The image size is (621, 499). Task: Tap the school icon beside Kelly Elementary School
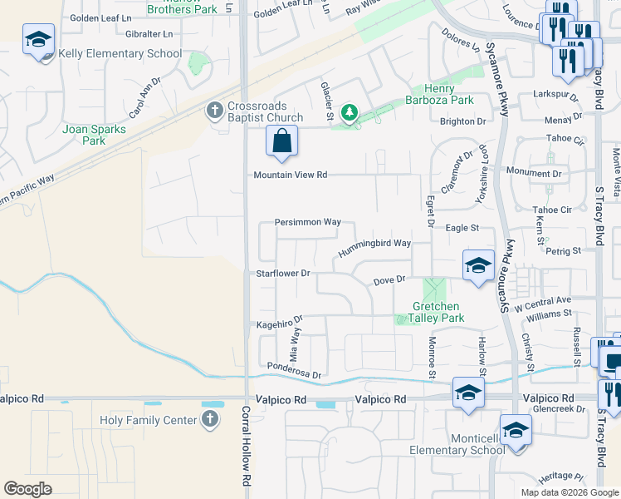click(x=38, y=41)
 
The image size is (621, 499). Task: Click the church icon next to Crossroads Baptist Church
click(x=214, y=109)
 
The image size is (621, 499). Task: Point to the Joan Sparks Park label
click(x=95, y=135)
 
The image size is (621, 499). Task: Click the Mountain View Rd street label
click(x=291, y=175)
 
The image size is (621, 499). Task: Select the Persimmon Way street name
click(x=308, y=222)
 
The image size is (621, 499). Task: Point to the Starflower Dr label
click(x=282, y=273)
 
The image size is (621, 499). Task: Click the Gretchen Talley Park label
click(x=436, y=312)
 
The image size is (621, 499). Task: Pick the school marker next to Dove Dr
click(x=479, y=266)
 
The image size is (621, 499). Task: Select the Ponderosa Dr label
click(x=294, y=370)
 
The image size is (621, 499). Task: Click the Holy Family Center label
click(x=148, y=420)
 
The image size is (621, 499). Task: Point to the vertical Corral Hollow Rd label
click(x=246, y=445)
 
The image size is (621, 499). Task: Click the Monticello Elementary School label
click(x=458, y=445)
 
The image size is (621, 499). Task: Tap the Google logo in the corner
click(x=27, y=489)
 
